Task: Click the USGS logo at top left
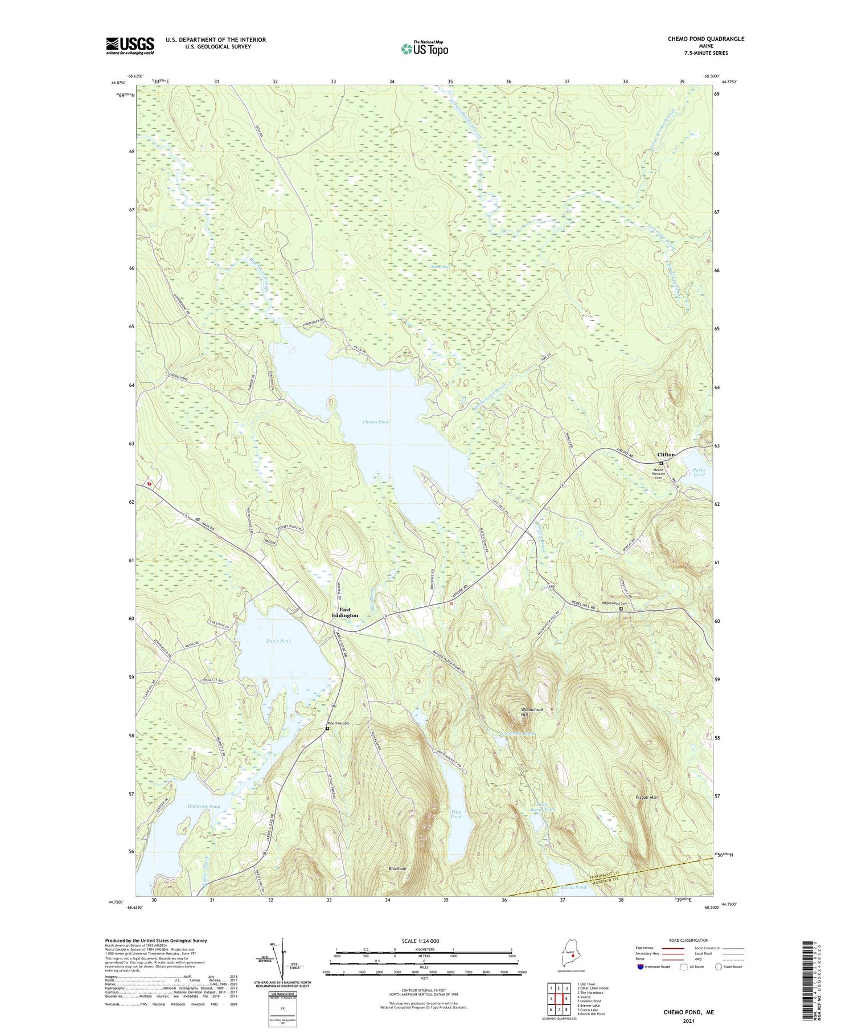point(130,46)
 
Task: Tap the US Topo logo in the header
point(424,49)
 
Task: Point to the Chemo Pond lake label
point(376,422)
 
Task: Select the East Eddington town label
point(345,613)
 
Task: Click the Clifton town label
point(666,455)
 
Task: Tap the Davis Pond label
point(278,641)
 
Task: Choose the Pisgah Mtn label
point(646,797)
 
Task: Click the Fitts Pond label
point(456,814)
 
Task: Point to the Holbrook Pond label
point(203,806)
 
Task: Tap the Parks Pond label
point(699,472)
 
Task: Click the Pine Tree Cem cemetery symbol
point(327,728)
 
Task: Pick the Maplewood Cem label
point(615,603)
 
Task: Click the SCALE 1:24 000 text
point(421,941)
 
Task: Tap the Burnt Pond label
point(573,887)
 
